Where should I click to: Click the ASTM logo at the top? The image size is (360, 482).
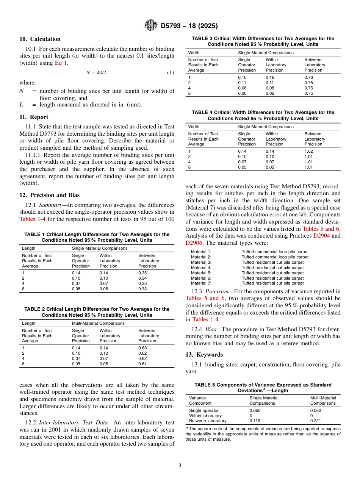point(151,26)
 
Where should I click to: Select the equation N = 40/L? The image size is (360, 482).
point(97,73)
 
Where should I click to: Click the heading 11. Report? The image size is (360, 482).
point(34,117)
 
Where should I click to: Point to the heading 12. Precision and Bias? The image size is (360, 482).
point(50,195)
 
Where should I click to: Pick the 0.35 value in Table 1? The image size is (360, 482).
point(142,273)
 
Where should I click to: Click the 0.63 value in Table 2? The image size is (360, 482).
point(142,348)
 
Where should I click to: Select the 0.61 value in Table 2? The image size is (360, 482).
point(142,364)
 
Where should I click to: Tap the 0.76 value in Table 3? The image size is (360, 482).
point(309,77)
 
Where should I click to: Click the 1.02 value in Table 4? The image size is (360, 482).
point(309,151)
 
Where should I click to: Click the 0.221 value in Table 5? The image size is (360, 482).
point(315,421)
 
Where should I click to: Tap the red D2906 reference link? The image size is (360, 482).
point(194,243)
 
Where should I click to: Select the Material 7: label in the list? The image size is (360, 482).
point(201,283)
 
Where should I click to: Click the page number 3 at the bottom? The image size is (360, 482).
point(180,465)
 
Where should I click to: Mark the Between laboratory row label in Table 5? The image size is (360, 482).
point(208,421)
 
